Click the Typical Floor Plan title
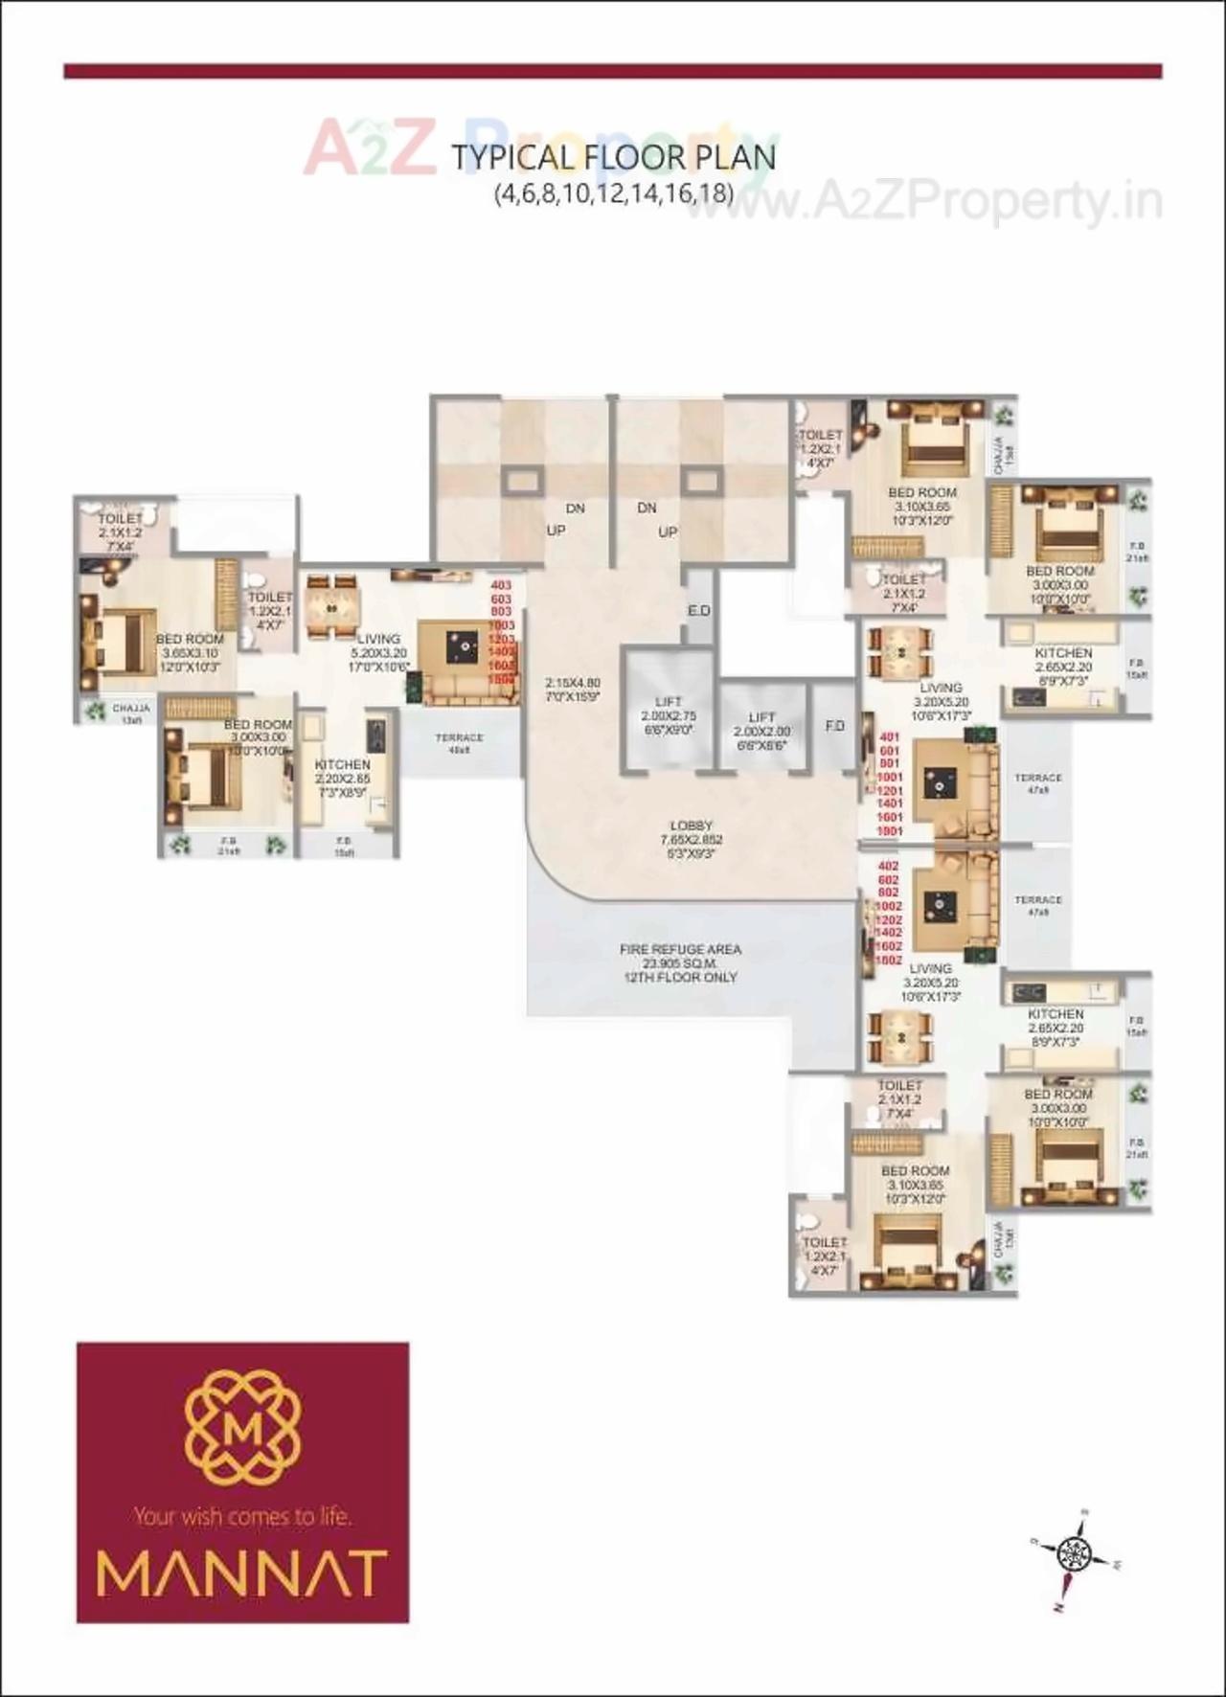[613, 157]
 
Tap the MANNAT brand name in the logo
[241, 1571]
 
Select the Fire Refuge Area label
[680, 962]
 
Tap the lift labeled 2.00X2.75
[669, 715]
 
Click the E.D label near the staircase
[698, 610]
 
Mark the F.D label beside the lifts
[834, 726]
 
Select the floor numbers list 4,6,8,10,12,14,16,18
[613, 193]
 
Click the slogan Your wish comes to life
[242, 1516]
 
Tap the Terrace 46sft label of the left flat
[459, 743]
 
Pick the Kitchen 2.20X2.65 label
[342, 778]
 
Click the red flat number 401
[890, 737]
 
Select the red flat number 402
[888, 867]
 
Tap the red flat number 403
[501, 584]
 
